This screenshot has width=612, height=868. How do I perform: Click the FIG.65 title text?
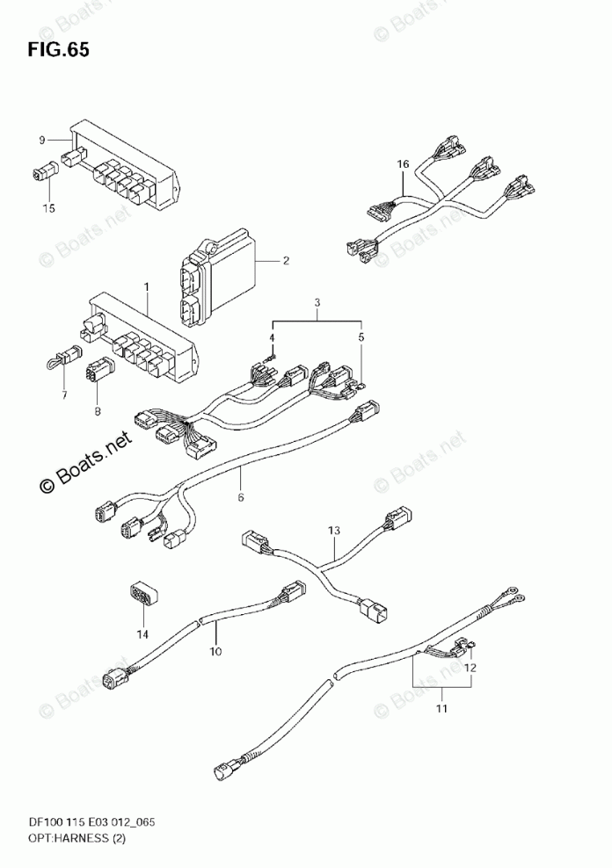[57, 49]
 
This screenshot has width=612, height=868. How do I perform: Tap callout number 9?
[41, 140]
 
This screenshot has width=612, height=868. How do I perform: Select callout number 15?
[48, 208]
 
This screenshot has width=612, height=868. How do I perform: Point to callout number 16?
[403, 164]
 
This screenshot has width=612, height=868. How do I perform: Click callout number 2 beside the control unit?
[286, 260]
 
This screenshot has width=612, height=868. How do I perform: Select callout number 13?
[333, 531]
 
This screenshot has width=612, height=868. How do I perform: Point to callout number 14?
[142, 633]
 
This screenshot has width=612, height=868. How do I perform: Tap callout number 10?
[215, 651]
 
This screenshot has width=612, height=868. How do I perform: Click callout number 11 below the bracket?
[442, 707]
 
